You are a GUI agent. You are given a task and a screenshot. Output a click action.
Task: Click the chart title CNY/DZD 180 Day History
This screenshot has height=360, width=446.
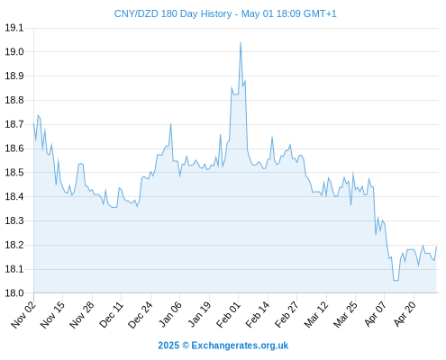[173, 13]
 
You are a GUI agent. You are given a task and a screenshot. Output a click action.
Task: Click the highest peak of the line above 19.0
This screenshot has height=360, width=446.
[241, 42]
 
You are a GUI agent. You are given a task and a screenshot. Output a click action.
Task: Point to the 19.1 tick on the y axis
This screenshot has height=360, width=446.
[14, 28]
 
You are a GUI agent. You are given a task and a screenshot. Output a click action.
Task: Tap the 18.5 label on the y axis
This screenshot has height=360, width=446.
[14, 173]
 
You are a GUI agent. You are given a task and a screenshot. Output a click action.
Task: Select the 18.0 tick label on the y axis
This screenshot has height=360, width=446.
[14, 293]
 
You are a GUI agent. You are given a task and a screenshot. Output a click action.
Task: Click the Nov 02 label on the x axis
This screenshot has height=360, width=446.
[23, 314]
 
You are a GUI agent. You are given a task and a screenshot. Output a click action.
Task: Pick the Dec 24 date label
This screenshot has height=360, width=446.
[141, 314]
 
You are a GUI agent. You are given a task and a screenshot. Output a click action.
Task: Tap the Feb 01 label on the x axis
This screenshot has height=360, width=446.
[228, 314]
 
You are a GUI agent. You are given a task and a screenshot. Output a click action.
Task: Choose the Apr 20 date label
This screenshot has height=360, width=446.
[405, 314]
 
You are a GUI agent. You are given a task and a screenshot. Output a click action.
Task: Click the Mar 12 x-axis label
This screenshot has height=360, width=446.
[316, 314]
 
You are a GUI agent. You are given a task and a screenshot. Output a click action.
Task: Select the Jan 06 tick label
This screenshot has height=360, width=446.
[170, 314]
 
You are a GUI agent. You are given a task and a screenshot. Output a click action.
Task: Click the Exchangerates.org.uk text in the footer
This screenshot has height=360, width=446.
[240, 346]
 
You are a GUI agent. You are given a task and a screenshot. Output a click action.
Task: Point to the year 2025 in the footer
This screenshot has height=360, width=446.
[168, 346]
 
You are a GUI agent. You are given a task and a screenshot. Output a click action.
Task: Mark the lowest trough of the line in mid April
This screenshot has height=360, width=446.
[396, 281]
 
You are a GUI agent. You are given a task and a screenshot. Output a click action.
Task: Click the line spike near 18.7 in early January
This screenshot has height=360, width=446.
[170, 124]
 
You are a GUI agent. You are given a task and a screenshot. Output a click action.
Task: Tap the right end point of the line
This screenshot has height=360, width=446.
[436, 247]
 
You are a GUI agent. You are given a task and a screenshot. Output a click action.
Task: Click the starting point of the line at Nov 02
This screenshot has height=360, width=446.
[33, 123]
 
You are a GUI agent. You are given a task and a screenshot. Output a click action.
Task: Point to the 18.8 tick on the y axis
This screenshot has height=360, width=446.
[14, 100]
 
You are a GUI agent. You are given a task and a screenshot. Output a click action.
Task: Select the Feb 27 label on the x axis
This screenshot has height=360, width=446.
[287, 314]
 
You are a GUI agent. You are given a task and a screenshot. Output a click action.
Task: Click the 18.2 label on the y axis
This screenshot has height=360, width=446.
[14, 245]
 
